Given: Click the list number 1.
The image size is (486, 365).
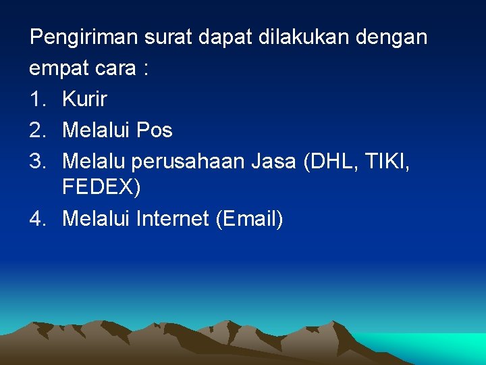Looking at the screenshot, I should pos(36,99).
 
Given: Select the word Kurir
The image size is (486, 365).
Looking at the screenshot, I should pos(84,99).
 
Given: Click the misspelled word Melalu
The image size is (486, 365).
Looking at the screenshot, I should pos(94,161).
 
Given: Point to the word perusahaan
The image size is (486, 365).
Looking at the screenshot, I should pos(188,162).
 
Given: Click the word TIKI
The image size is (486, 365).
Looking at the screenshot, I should pos(387,161).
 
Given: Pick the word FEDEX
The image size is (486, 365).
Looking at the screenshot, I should pos(99,187).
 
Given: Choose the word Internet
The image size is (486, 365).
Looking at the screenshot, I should pos(172,218).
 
